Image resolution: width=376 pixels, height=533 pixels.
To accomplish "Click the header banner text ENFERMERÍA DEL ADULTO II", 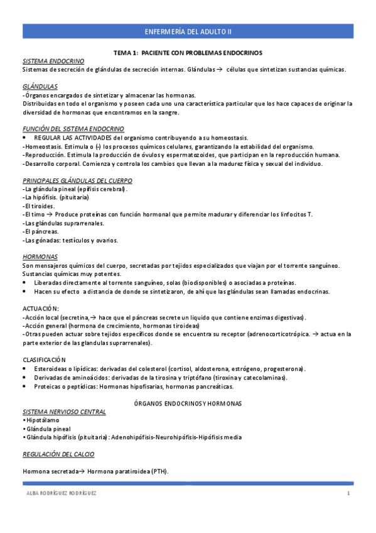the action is pyautogui.click(x=188, y=31).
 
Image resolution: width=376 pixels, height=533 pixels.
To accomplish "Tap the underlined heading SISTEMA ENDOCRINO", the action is pyautogui.click(x=53, y=62).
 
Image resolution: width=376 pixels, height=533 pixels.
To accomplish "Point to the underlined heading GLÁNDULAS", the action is pyautogui.click(x=40, y=87).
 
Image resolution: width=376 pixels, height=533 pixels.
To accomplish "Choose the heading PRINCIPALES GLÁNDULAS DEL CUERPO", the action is pyautogui.click(x=77, y=180).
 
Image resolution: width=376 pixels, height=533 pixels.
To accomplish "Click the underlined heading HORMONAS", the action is pyautogui.click(x=40, y=257).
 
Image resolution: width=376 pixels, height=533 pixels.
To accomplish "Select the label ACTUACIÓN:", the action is pyautogui.click(x=41, y=309).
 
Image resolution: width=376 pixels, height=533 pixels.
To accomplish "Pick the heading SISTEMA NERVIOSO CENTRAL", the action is pyautogui.click(x=65, y=411).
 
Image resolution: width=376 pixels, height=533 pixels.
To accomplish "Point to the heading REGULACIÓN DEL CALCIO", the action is pyautogui.click(x=58, y=454).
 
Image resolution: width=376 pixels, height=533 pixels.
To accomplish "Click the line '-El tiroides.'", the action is pyautogui.click(x=39, y=206).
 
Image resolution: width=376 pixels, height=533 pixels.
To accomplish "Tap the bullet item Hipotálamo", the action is pyautogui.click(x=43, y=419).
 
